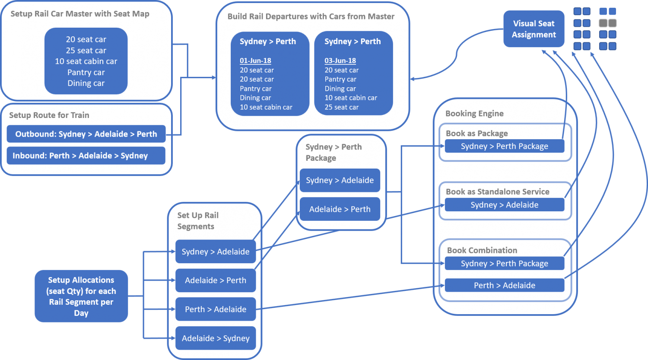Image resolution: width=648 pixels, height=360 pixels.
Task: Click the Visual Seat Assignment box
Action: [534, 29]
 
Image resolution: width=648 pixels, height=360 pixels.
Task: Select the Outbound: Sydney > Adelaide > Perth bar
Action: [86, 134]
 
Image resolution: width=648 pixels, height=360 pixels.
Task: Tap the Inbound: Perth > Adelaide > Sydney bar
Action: [86, 156]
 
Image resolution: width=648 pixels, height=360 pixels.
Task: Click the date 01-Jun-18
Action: [255, 61]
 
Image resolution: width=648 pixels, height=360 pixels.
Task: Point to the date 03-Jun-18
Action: [340, 61]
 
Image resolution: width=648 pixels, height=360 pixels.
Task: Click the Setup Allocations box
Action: [81, 296]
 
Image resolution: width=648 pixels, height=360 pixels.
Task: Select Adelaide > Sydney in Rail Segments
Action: [216, 338]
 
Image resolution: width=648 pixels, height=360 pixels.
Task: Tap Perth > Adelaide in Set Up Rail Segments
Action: [216, 309]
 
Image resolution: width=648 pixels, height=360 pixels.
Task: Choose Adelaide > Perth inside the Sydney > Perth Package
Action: [340, 209]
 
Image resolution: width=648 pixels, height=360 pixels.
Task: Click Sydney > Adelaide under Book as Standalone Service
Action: [504, 205]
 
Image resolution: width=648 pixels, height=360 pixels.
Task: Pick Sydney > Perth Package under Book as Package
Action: [504, 146]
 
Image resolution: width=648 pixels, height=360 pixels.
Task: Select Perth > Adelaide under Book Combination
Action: [504, 285]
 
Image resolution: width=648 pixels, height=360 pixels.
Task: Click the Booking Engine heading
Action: [474, 114]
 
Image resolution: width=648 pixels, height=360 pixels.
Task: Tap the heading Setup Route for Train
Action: [49, 115]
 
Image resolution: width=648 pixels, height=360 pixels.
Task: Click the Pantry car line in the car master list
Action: [86, 72]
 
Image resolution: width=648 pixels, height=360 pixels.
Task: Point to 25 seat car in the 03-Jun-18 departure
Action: [341, 107]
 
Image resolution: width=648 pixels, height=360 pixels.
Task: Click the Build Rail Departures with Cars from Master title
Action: [311, 16]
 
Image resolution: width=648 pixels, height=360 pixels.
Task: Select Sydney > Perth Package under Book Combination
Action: [504, 264]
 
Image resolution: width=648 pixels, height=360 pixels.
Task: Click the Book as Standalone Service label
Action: [497, 191]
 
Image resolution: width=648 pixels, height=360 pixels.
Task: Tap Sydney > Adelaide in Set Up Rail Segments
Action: [216, 252]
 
